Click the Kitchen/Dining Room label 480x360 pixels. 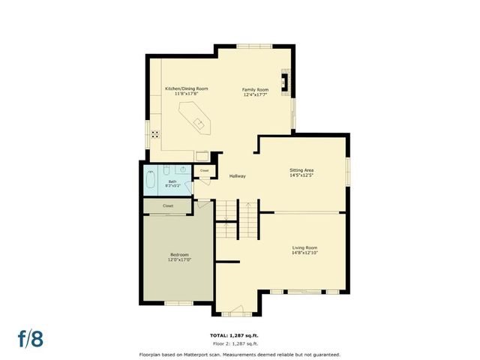click(x=186, y=88)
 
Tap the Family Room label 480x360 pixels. click(x=255, y=89)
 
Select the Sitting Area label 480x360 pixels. click(x=301, y=171)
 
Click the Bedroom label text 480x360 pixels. click(x=179, y=254)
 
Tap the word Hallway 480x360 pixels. click(x=238, y=175)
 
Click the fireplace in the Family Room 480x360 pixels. click(x=283, y=81)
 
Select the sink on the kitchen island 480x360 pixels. click(x=199, y=121)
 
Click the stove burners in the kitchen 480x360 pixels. click(x=155, y=135)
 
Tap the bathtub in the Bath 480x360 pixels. click(x=150, y=180)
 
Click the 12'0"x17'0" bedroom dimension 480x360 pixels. click(x=179, y=259)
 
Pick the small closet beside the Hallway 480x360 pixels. click(x=204, y=170)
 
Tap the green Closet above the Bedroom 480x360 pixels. click(x=168, y=205)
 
